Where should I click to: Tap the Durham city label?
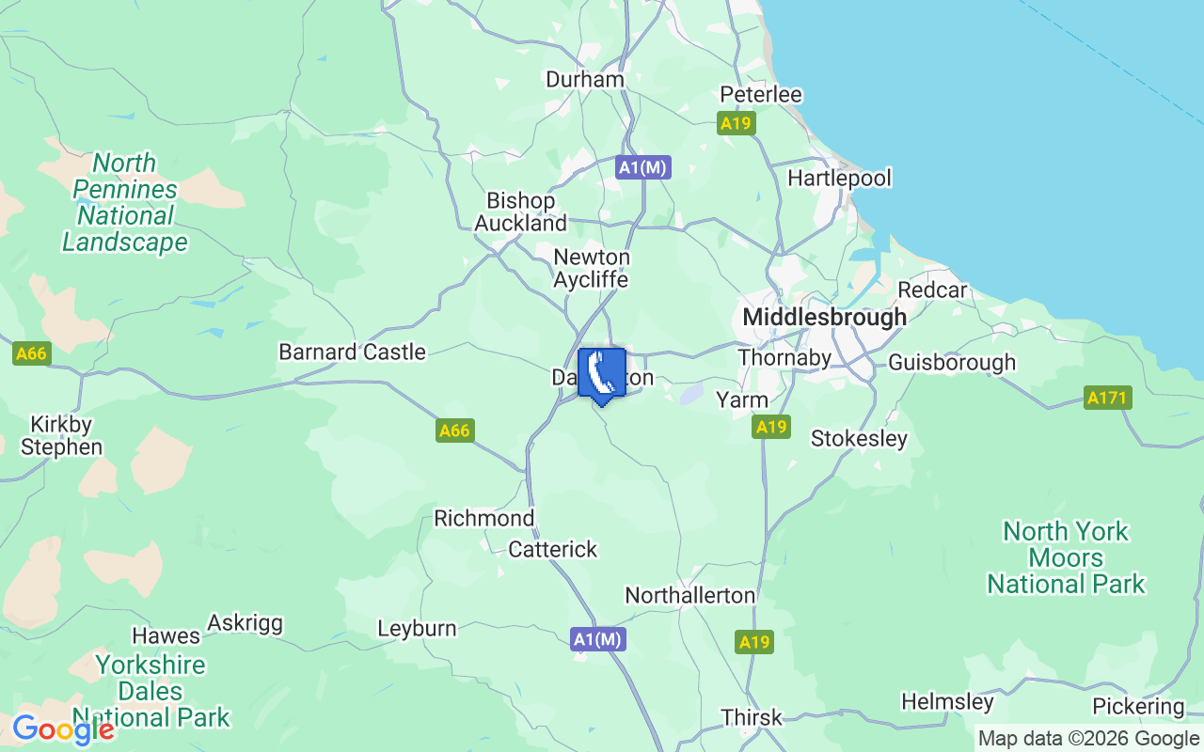585,80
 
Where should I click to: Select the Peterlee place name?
761,95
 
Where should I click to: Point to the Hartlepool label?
839,179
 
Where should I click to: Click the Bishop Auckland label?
520,212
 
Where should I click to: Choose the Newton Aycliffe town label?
591,269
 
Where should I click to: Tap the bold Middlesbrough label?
824,318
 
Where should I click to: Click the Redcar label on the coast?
932,290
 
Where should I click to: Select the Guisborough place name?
952,363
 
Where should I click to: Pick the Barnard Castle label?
352,352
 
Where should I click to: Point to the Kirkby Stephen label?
61,435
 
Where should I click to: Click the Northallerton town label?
689,596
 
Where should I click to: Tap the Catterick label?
552,550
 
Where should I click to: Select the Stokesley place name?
859,439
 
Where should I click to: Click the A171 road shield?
1107,398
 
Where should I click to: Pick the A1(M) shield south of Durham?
643,168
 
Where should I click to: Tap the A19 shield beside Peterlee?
737,123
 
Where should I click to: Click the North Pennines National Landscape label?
125,203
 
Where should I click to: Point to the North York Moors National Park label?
1066,557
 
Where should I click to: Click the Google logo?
63,729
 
